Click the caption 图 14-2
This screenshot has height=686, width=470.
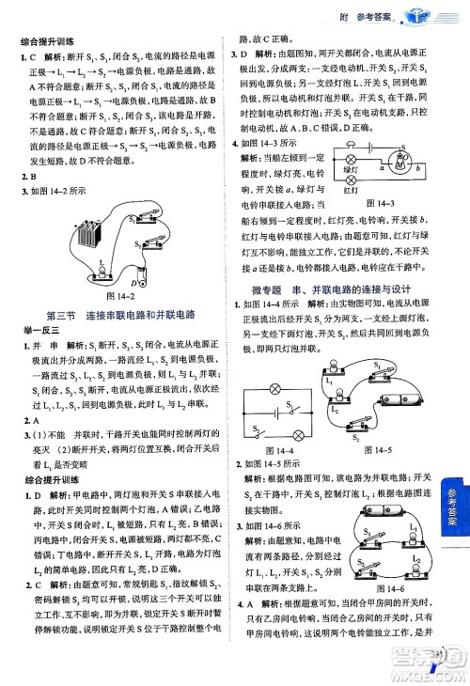point(111,295)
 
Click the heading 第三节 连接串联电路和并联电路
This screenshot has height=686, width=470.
point(119,313)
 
